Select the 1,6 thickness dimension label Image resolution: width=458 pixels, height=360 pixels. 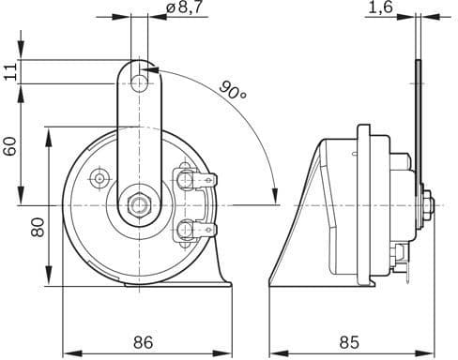(380, 7)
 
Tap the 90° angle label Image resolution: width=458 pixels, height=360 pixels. (233, 90)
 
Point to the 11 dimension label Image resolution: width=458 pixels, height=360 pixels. (11, 71)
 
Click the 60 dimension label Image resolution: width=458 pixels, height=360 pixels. (10, 146)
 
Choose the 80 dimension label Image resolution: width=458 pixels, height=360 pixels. (38, 228)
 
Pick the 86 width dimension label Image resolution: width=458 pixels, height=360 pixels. (144, 342)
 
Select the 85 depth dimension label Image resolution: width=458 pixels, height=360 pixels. (349, 342)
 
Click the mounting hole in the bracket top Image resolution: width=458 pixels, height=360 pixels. (139, 83)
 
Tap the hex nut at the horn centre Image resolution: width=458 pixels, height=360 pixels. (140, 205)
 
